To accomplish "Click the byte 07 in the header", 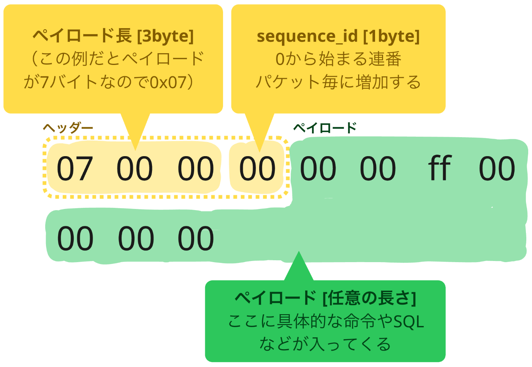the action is pyautogui.click(x=74, y=168).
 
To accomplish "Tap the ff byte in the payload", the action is pyautogui.click(x=440, y=168).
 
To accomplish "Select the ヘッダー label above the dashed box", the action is pyautogui.click(x=68, y=128).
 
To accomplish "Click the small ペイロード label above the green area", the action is pyautogui.click(x=325, y=128).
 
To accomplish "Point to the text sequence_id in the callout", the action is pyautogui.click(x=307, y=36).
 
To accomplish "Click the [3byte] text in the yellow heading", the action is pyautogui.click(x=166, y=36).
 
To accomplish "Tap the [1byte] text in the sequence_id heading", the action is pyautogui.click(x=391, y=36).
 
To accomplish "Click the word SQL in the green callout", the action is pyautogui.click(x=408, y=322).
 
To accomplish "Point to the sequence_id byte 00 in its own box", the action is pyautogui.click(x=257, y=168).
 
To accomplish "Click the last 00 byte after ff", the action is pyautogui.click(x=497, y=168).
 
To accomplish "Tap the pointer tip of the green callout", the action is pyautogui.click(x=299, y=252).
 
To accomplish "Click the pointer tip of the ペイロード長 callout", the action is pyautogui.click(x=135, y=150).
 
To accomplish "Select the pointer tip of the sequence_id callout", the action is pyautogui.click(x=260, y=152).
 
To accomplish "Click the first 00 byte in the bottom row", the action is pyautogui.click(x=75, y=238).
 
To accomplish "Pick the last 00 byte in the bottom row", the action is pyautogui.click(x=196, y=238).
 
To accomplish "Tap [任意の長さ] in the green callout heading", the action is pyautogui.click(x=369, y=298).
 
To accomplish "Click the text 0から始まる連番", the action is pyautogui.click(x=339, y=59).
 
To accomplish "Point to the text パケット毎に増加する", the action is pyautogui.click(x=338, y=82).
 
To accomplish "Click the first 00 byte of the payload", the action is pyautogui.click(x=318, y=168).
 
